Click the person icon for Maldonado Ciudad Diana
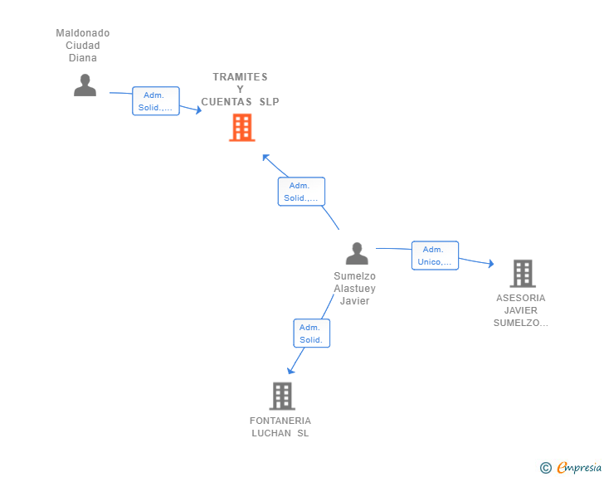[85, 85]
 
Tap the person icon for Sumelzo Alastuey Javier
[357, 253]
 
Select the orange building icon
[242, 128]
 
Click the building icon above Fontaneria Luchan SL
[282, 396]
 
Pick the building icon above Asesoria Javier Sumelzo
[523, 274]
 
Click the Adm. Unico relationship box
[435, 256]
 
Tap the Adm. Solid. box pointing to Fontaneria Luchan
[312, 333]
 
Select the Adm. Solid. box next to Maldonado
[156, 101]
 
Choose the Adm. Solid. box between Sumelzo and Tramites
[301, 192]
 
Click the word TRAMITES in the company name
[241, 77]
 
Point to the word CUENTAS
[226, 102]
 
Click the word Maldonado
[83, 33]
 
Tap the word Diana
[83, 58]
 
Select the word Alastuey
[355, 289]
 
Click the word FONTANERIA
[280, 421]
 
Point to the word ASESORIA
[521, 298]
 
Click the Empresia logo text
[579, 468]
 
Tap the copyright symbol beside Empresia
[546, 468]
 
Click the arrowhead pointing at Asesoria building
[491, 264]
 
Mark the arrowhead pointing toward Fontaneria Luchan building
[291, 371]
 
